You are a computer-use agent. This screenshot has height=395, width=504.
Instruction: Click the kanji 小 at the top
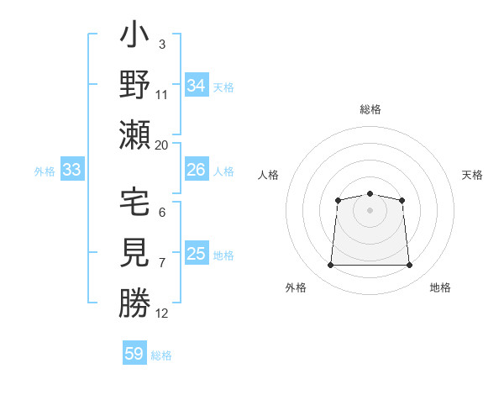tap(134, 37)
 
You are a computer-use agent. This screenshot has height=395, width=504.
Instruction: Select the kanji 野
tap(134, 86)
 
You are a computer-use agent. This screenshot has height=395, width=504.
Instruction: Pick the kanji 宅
tap(134, 204)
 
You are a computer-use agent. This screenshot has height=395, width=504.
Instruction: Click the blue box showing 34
tap(196, 86)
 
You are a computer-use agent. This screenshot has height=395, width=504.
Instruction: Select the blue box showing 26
tap(196, 170)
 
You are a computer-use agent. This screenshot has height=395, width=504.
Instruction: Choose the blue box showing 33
tap(71, 171)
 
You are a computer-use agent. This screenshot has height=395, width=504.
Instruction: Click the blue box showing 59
tap(134, 354)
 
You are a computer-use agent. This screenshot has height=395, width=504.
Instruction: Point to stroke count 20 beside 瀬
tap(161, 145)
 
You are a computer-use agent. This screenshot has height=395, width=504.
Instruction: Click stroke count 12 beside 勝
tap(161, 313)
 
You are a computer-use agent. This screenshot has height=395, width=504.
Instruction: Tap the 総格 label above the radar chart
tap(370, 109)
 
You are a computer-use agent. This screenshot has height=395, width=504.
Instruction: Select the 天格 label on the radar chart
tap(472, 175)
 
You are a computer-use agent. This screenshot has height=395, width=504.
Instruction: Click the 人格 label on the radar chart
tap(268, 175)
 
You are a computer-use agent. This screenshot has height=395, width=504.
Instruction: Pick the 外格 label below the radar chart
tap(295, 287)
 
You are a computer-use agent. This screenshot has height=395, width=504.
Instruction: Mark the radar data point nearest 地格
tap(409, 266)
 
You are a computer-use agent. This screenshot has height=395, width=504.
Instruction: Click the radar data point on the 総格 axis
tap(370, 194)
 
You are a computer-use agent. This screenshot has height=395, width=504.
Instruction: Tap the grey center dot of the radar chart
tap(370, 209)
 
